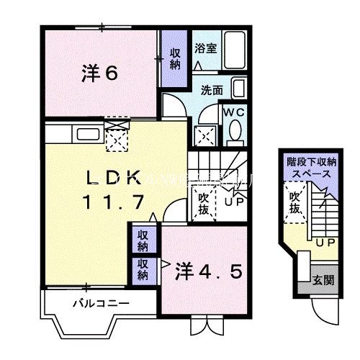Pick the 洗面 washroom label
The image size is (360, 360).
click(211, 91)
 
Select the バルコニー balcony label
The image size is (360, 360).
click(100, 303)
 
